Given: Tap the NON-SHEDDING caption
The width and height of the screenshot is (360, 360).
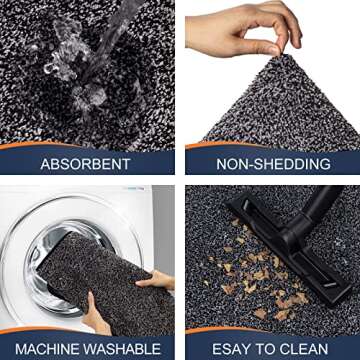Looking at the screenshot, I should [x=270, y=163].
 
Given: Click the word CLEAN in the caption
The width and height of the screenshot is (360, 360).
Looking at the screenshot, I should [x=304, y=348].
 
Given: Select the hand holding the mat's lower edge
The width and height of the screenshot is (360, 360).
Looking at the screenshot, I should [x=96, y=318].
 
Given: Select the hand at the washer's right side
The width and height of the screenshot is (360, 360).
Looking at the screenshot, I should [x=158, y=282].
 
